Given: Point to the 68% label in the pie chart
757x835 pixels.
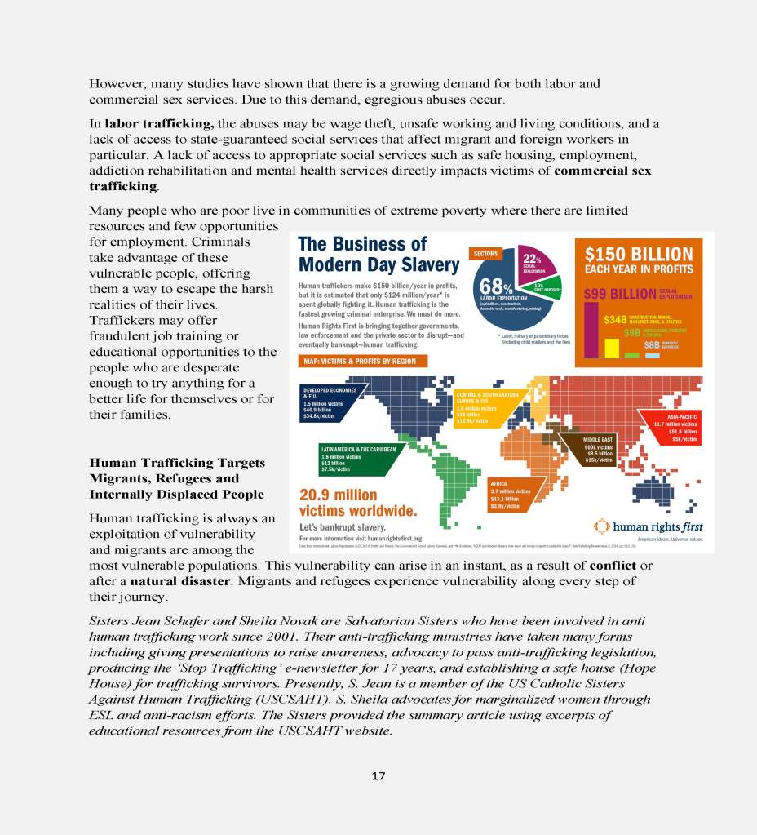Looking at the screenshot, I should (496, 286).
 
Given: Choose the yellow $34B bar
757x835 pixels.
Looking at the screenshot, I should (611, 347).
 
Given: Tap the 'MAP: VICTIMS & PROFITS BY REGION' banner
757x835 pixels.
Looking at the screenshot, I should (360, 361).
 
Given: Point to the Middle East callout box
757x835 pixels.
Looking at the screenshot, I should (599, 450).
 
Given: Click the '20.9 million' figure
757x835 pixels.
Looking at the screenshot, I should (339, 495).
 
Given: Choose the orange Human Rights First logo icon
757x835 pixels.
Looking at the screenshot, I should (600, 525).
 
